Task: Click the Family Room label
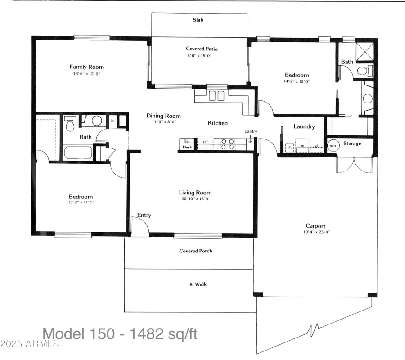click(86, 67)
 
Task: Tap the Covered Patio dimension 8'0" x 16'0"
click(198, 56)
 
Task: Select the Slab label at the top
click(198, 20)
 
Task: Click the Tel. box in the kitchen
click(187, 141)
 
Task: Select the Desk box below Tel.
click(187, 147)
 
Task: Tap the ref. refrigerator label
click(206, 142)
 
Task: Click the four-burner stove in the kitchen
click(226, 144)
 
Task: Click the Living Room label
click(195, 193)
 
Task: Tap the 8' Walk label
click(198, 284)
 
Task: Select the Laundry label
click(304, 126)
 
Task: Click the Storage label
click(352, 144)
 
